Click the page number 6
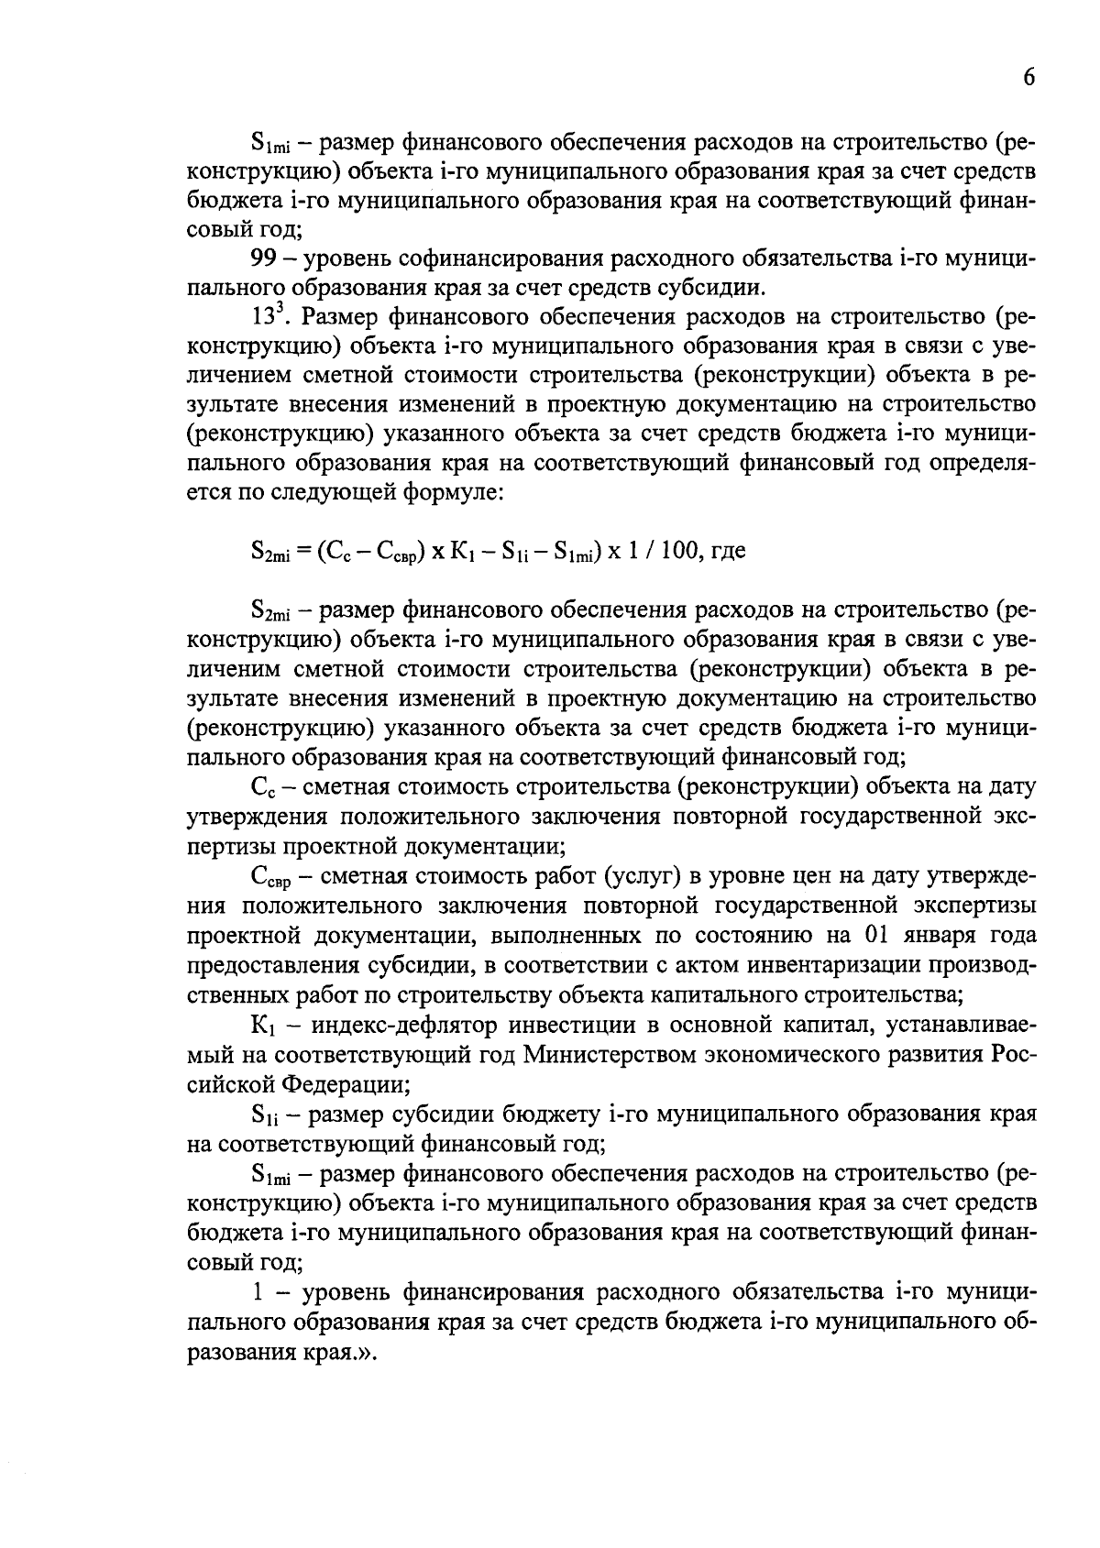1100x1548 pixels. pos(1028,78)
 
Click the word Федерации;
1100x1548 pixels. pos(345,1083)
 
